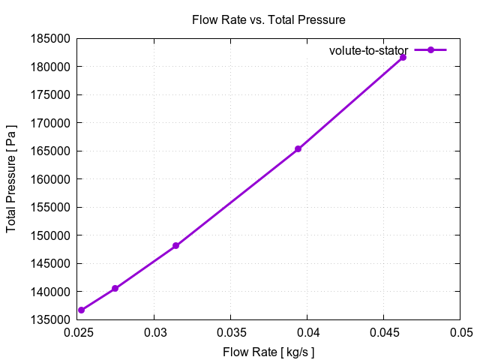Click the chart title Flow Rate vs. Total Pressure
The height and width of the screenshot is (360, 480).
[268, 19]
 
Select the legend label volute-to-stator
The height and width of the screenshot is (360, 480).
[368, 50]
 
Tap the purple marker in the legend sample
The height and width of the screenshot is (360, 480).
[430, 50]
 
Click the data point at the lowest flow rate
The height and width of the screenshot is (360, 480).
[81, 310]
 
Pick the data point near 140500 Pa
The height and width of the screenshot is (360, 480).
[115, 288]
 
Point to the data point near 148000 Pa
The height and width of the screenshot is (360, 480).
[175, 246]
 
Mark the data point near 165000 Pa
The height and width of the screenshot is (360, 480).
[298, 148]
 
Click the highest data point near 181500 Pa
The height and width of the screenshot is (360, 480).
[403, 57]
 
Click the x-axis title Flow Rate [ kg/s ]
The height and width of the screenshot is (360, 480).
[268, 351]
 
